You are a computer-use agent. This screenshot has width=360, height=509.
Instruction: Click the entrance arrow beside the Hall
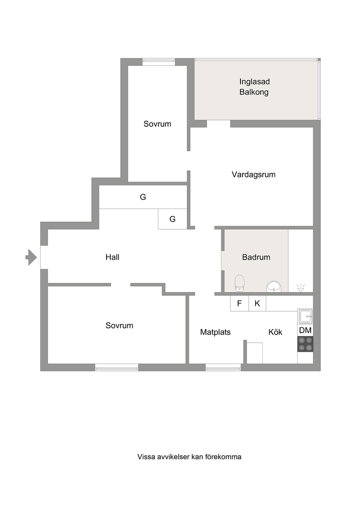coord(31,257)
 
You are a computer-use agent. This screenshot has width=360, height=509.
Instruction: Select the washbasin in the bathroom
coord(274,287)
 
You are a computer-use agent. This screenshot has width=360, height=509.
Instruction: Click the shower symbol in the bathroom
coord(301,288)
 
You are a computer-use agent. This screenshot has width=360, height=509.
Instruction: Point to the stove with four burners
coord(305,344)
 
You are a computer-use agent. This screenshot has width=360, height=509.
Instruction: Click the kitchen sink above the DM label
coord(305,316)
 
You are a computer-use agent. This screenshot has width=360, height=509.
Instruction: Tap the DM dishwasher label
coord(305,330)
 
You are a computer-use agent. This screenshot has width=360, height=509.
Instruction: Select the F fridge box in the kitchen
coord(240,303)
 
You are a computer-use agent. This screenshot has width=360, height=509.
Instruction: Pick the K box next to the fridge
coord(257,303)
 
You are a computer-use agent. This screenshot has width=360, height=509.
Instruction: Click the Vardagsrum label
coord(253,175)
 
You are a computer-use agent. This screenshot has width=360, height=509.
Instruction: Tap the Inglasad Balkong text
coord(254,87)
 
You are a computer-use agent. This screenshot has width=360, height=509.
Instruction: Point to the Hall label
coord(112,257)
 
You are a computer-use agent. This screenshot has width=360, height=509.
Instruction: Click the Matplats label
coord(215,332)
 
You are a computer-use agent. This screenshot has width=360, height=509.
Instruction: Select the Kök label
coord(275,332)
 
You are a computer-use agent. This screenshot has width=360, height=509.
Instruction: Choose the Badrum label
coord(256,257)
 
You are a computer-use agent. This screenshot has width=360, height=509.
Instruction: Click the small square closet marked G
coord(172,219)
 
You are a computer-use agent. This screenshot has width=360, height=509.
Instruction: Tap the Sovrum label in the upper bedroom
coord(157,124)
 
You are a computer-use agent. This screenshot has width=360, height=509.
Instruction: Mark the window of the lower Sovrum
coord(116,368)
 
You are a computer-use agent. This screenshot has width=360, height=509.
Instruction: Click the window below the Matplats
coord(223,368)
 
